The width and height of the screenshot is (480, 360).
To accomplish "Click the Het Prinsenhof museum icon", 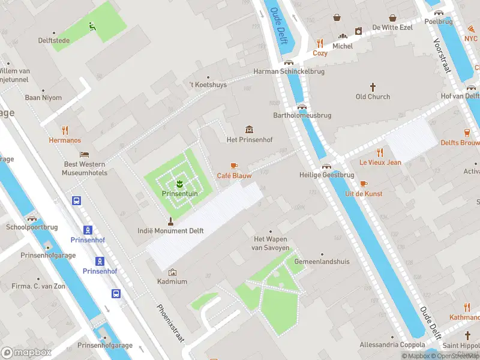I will pos(249,130).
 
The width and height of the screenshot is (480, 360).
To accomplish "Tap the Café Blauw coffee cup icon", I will pos(234,166).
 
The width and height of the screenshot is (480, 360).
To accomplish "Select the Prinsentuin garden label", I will pos(178,194).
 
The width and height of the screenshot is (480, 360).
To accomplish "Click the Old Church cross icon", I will pos(373,86).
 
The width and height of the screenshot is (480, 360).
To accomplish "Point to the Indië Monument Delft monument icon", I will pos(170,220).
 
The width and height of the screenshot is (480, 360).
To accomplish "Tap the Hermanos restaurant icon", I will pos(65,130).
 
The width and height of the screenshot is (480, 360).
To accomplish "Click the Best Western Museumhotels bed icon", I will pos(84,154).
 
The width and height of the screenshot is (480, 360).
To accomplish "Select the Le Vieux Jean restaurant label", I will pos(380,163).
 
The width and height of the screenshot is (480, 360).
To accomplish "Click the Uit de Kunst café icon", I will pos(364,184).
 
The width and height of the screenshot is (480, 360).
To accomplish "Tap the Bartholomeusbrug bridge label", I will pos(302,115).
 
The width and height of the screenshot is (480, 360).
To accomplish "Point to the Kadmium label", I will pos(172,281).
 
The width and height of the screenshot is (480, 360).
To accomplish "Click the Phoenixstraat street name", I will pos(170,323).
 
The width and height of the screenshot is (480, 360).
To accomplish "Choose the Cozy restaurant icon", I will pos(320,43).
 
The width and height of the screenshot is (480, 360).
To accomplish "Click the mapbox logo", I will pos(26,352).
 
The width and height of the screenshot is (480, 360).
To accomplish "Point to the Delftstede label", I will pos(54,41).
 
